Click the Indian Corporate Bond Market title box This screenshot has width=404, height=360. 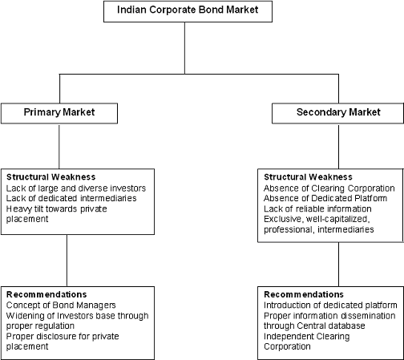click(188, 11)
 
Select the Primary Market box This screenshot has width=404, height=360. click(59, 113)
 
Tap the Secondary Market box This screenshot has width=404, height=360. click(337, 113)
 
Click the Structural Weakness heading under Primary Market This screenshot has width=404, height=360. click(51, 177)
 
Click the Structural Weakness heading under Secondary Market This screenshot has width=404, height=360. click(308, 177)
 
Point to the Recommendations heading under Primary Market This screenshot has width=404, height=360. click(46, 294)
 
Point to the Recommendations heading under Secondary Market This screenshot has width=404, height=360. click(304, 294)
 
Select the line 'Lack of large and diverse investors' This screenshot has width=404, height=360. click(76, 188)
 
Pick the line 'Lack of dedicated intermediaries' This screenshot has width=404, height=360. click(71, 198)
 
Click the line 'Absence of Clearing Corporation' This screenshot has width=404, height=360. click(329, 188)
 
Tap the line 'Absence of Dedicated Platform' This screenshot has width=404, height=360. click(325, 198)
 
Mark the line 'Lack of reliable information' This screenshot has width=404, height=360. click(317, 208)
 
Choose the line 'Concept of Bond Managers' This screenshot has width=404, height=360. click(61, 305)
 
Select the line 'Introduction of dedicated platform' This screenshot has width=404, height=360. click(330, 305)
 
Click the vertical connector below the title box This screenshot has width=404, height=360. click(184, 48)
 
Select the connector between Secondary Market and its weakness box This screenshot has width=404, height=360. click(338, 146)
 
